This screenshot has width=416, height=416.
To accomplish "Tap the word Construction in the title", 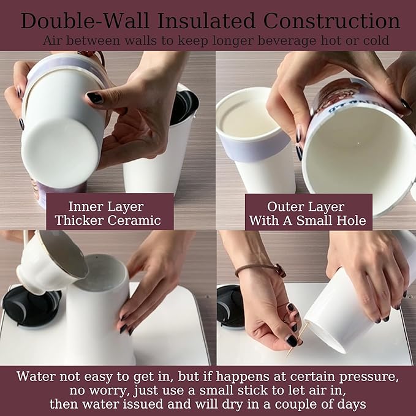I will (x=331, y=21).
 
